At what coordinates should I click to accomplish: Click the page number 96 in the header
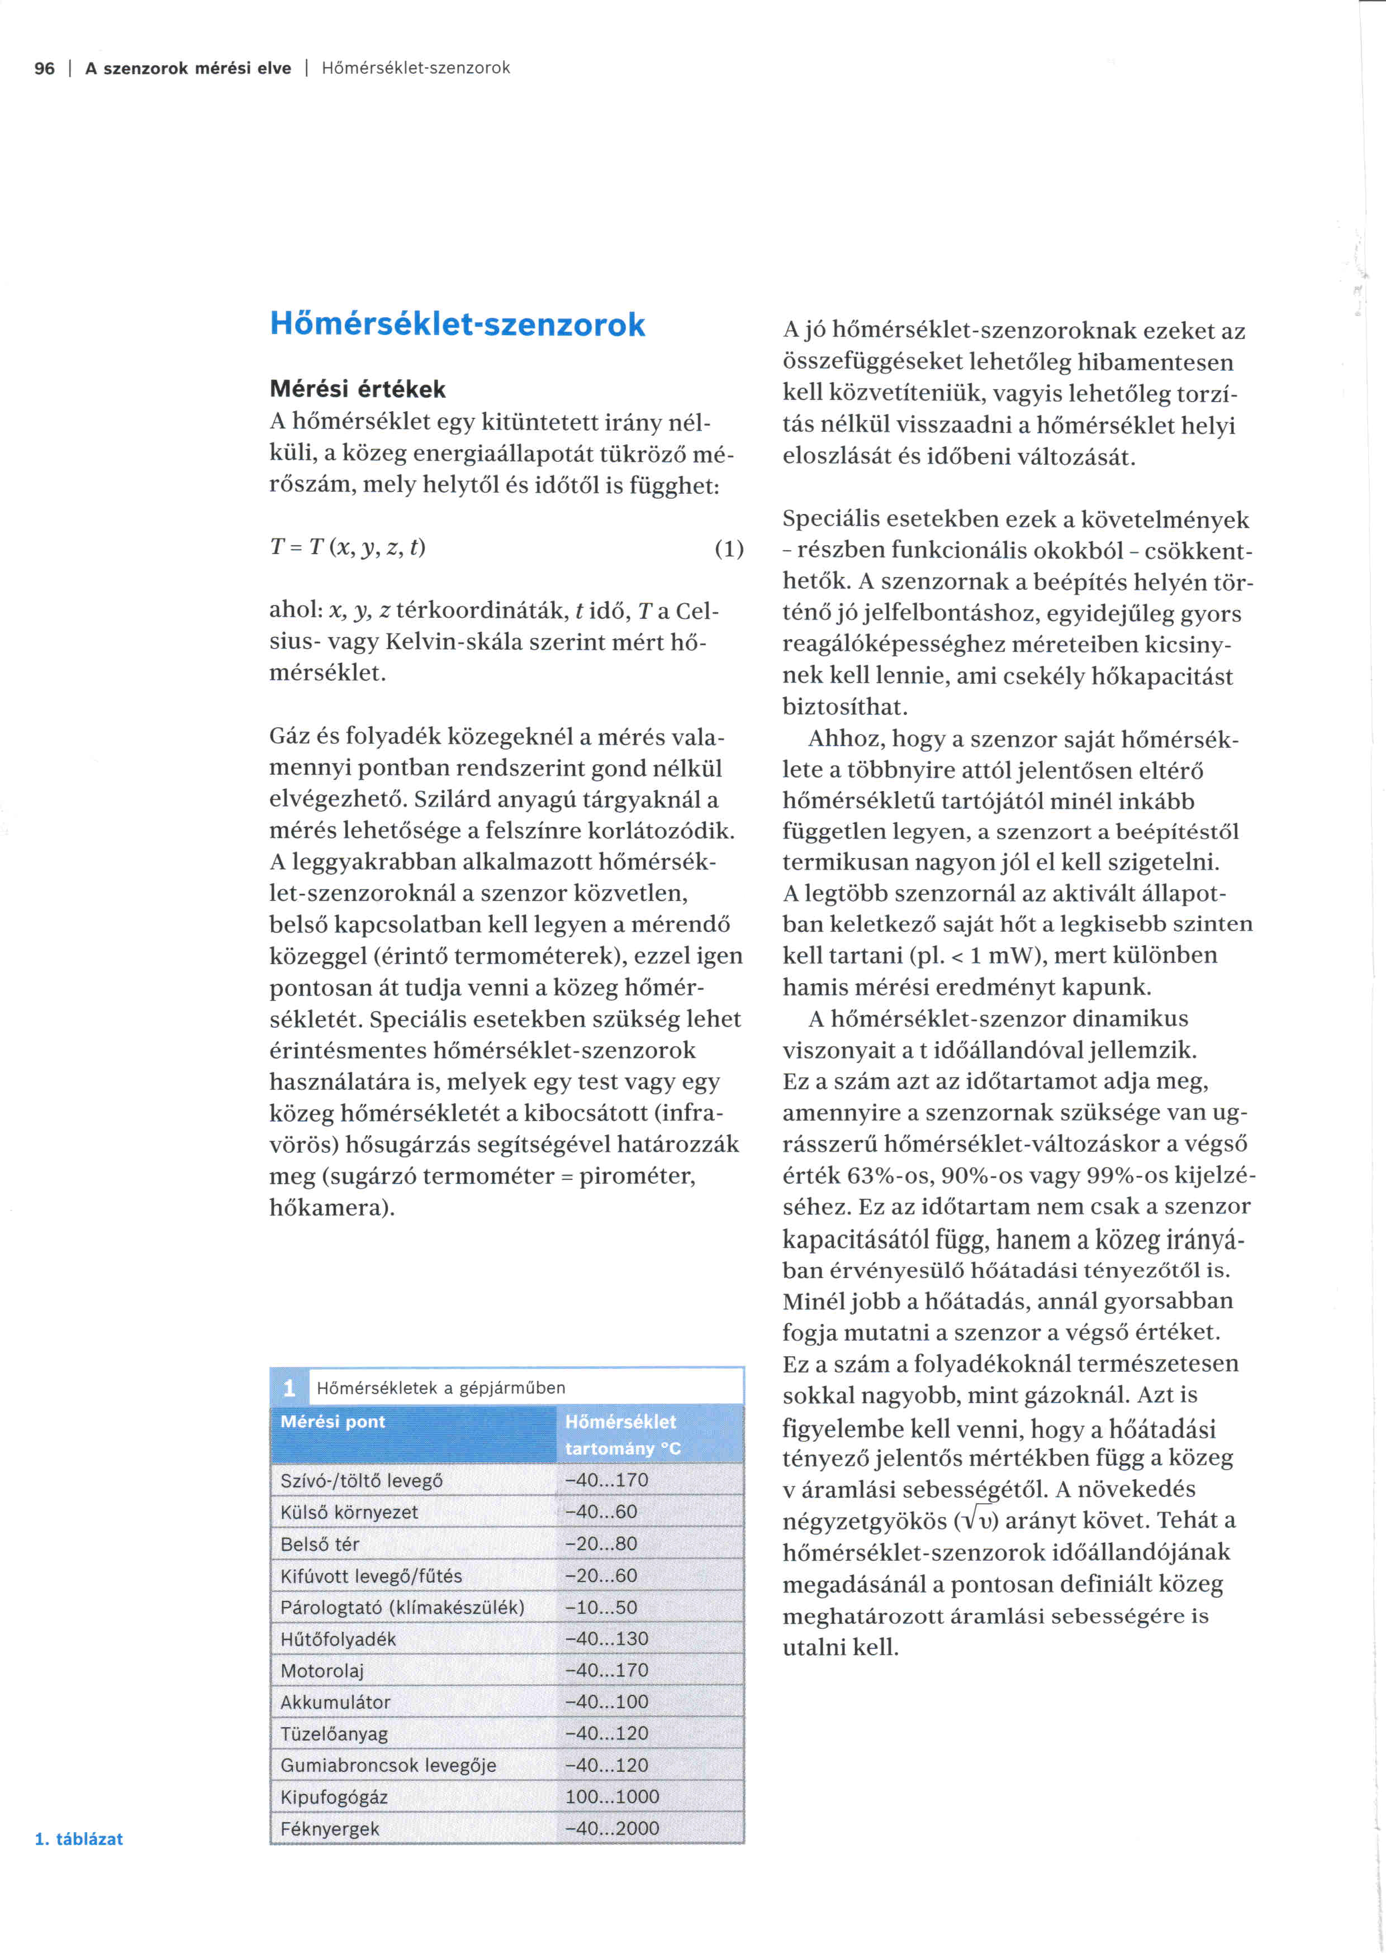point(44,68)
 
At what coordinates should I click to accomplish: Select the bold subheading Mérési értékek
point(358,389)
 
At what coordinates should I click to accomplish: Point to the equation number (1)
point(729,548)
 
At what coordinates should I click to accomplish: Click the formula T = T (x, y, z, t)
point(348,547)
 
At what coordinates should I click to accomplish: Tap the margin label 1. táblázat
point(78,1839)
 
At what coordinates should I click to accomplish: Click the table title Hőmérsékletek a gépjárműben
point(440,1388)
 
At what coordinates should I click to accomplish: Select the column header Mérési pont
point(333,1422)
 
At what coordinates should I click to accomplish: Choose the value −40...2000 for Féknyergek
point(612,1828)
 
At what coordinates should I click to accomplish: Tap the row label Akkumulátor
point(335,1702)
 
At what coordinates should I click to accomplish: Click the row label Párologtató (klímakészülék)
point(402,1608)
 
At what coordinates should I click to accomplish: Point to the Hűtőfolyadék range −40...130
point(607,1638)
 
